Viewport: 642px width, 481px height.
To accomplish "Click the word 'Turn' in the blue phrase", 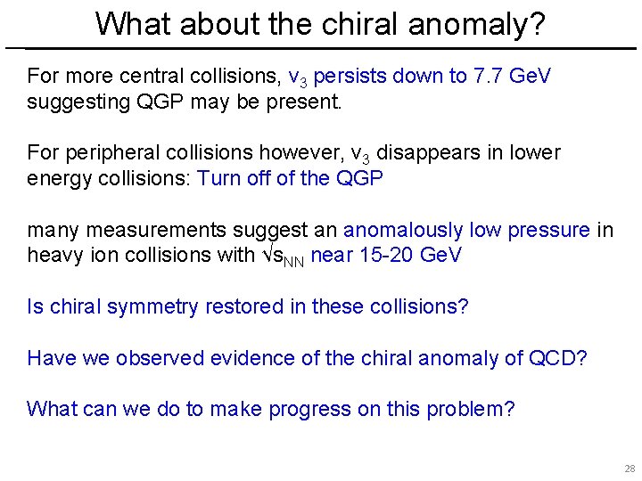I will (x=218, y=178).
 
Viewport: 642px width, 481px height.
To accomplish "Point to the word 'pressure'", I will (x=547, y=231).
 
